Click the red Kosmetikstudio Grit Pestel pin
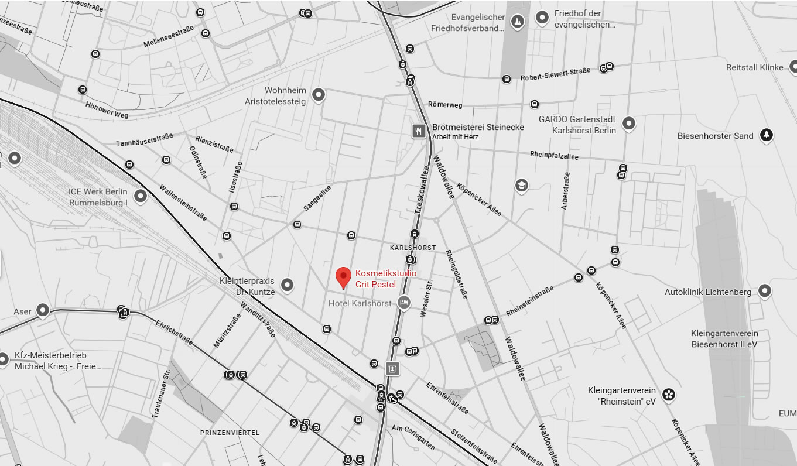click(343, 276)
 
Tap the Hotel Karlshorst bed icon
click(403, 302)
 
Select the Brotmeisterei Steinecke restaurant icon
click(418, 131)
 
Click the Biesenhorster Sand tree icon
click(765, 136)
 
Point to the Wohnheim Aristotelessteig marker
click(318, 94)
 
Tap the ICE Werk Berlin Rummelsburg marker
click(140, 196)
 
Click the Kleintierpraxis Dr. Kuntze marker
click(287, 285)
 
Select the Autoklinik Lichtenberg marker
click(764, 290)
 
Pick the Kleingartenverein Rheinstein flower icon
click(668, 395)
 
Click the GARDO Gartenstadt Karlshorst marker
click(628, 123)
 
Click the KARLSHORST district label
click(413, 248)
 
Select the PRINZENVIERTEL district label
click(230, 433)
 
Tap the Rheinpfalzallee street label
click(553, 156)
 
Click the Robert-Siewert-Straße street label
click(555, 74)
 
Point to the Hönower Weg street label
click(107, 111)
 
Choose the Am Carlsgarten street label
click(413, 437)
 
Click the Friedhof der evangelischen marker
click(542, 18)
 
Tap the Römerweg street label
click(445, 105)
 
